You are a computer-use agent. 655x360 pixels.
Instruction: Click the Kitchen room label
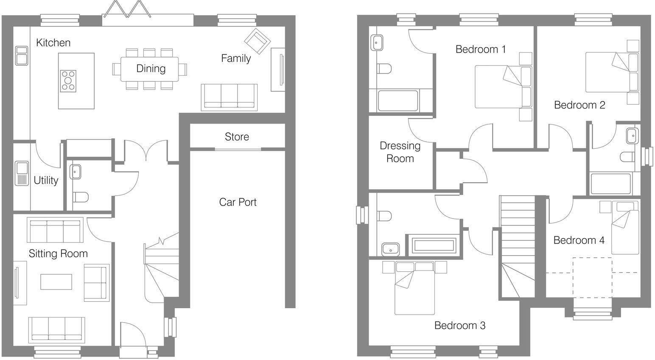[x=53, y=42]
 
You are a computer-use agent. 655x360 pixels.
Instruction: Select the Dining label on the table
[x=151, y=68]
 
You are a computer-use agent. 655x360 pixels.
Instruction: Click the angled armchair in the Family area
[x=257, y=41]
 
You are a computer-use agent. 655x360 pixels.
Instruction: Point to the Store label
[x=237, y=137]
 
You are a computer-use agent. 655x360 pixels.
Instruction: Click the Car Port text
[x=238, y=202]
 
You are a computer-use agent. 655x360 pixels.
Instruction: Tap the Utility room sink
[x=21, y=173]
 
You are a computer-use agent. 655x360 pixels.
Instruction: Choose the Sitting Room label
[x=58, y=253]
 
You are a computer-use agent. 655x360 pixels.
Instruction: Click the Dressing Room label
[x=400, y=152]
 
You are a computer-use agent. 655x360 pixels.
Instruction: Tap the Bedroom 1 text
[x=481, y=49]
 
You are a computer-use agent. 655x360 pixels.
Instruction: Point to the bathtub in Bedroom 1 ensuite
[x=397, y=101]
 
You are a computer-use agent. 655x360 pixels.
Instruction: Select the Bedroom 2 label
[x=579, y=105]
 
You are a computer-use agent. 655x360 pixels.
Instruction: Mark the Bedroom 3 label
[x=460, y=326]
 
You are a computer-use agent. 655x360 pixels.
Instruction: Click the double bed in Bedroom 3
[x=414, y=289]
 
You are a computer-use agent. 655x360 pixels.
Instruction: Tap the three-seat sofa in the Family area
[x=229, y=97]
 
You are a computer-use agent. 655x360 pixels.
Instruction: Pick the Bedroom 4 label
[x=579, y=240]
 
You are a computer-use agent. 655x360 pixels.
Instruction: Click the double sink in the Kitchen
[x=22, y=56]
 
